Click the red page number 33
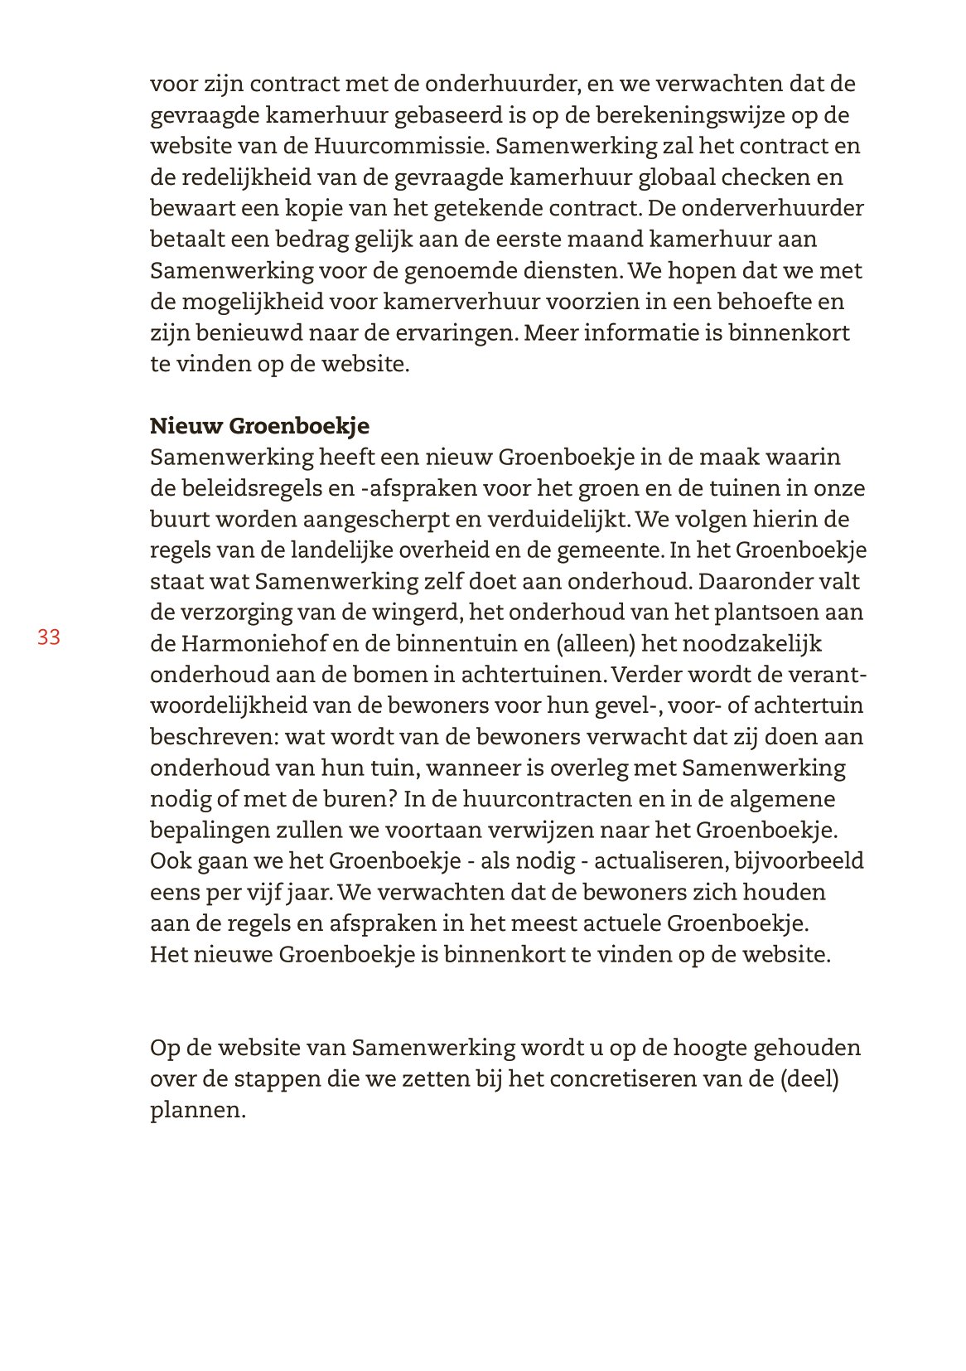click(49, 637)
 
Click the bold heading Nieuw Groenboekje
click(259, 426)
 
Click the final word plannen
click(197, 1111)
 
